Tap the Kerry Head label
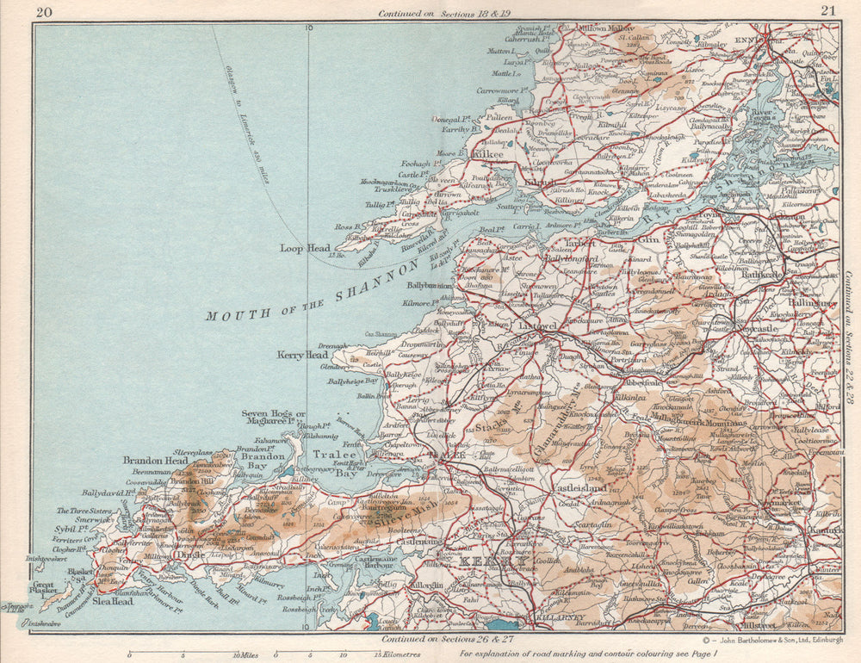point(302,355)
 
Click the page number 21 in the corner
point(828,10)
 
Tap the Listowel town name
point(540,326)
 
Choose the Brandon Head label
point(155,461)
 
